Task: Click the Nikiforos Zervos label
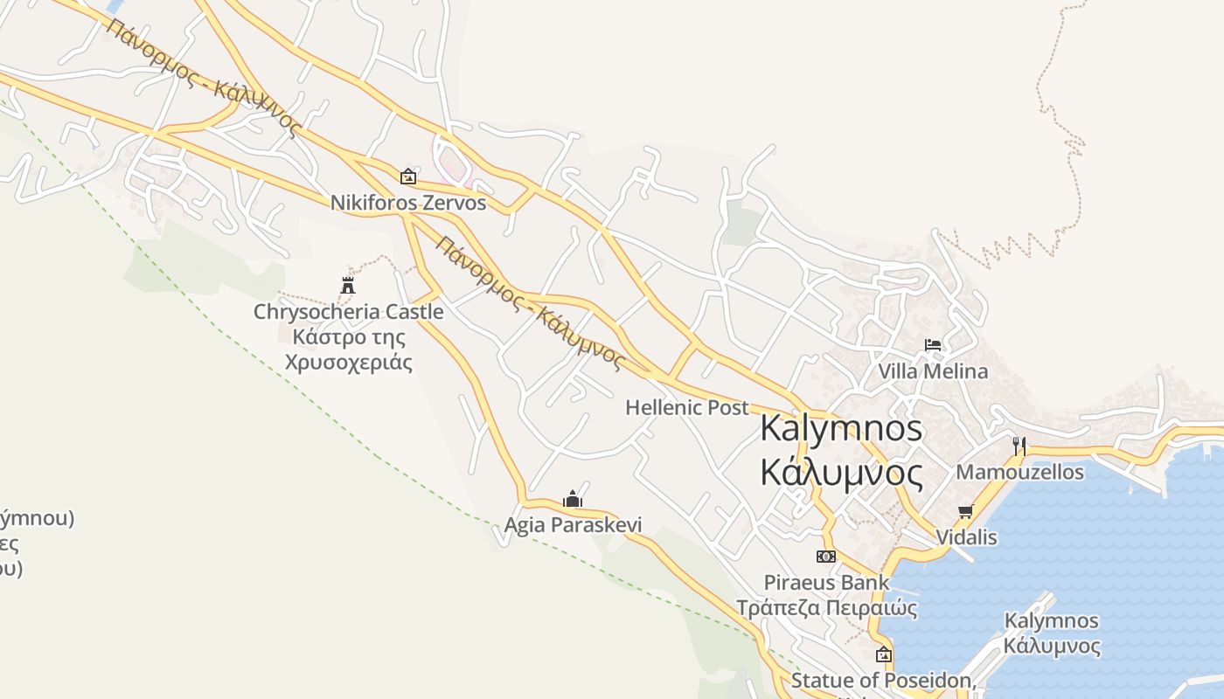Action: (x=407, y=203)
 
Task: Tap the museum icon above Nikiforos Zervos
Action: (x=407, y=176)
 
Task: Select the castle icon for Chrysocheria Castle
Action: (x=348, y=285)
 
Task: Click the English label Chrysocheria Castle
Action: (x=348, y=312)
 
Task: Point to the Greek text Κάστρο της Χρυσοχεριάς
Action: (x=348, y=349)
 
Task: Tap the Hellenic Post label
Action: (x=687, y=407)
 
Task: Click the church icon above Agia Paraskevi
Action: (x=573, y=499)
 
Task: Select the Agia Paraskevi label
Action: (x=573, y=525)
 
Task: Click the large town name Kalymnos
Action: (x=841, y=428)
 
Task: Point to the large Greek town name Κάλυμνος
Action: (x=841, y=473)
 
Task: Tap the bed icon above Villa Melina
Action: (x=933, y=345)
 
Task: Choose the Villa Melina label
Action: (x=933, y=371)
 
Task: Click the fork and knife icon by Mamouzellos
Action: (x=1019, y=446)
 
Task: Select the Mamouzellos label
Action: (x=1019, y=473)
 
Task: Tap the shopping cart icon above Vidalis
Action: (x=966, y=511)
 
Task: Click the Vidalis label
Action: (x=966, y=537)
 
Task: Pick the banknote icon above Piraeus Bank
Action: (x=825, y=557)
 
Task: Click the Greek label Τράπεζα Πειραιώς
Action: (x=826, y=608)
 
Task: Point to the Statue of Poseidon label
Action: (x=881, y=681)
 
